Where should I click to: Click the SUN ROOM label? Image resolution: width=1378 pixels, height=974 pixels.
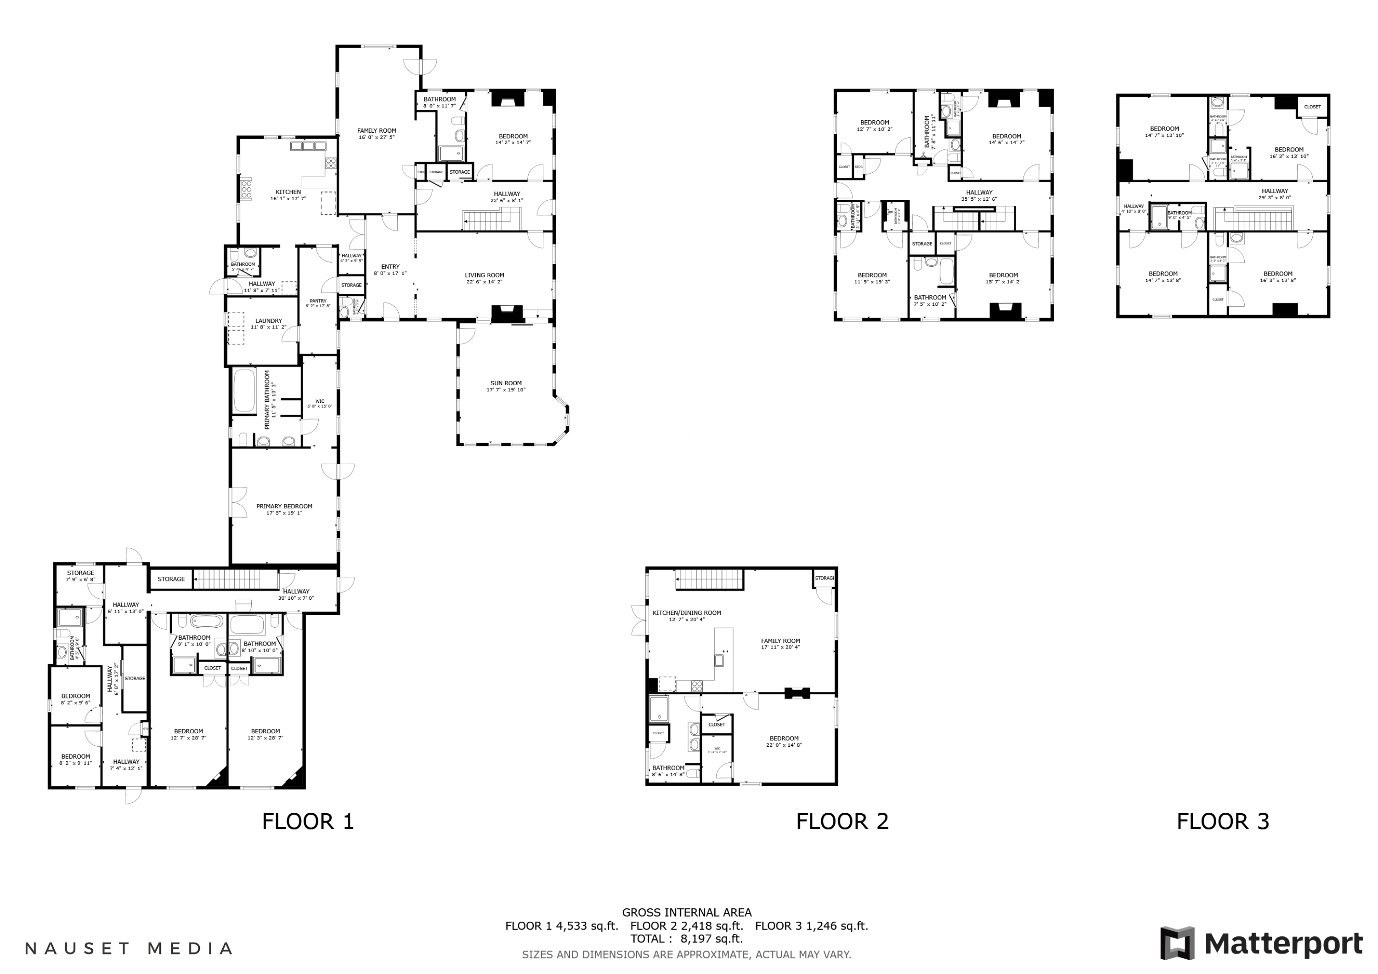[x=505, y=383]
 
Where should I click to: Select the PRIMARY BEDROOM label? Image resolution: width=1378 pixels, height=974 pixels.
[x=284, y=506]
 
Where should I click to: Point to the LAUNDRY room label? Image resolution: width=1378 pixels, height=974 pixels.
[x=268, y=321]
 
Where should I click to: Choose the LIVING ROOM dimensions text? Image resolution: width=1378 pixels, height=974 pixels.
[x=484, y=282]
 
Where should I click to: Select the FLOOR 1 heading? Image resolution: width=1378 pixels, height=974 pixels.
[x=308, y=821]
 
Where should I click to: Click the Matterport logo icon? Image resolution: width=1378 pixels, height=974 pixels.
[x=1177, y=943]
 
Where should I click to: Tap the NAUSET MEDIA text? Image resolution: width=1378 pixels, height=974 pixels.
[x=129, y=948]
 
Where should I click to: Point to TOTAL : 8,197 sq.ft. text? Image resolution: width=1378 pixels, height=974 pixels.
[x=686, y=939]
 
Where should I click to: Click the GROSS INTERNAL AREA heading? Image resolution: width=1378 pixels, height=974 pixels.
[x=686, y=912]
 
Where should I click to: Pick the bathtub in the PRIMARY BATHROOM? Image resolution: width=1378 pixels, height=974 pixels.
[x=244, y=391]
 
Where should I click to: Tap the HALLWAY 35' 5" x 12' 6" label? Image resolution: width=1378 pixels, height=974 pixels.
[x=979, y=196]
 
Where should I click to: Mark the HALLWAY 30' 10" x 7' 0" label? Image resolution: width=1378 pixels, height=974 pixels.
[x=296, y=594]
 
